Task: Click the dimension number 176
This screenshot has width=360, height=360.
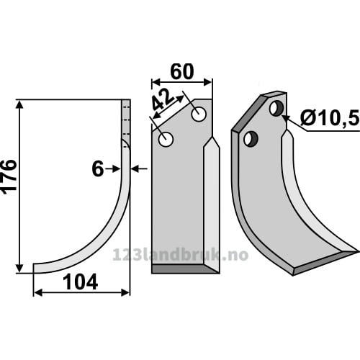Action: (9, 175)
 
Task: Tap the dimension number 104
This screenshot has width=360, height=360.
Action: (81, 282)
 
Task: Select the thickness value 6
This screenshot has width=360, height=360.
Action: (98, 169)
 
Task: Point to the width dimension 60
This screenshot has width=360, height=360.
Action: (181, 72)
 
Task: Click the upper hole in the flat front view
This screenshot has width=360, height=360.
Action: (199, 114)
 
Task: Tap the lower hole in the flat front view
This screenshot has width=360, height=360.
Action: (166, 139)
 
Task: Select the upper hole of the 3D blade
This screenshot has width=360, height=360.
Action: (277, 109)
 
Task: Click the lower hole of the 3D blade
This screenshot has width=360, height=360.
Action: (251, 139)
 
